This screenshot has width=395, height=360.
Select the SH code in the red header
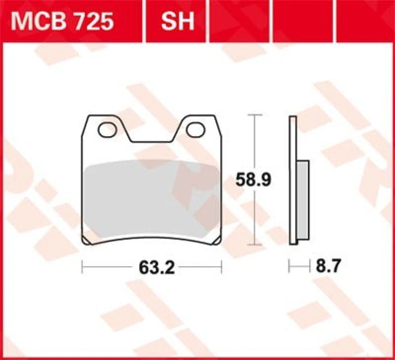177,22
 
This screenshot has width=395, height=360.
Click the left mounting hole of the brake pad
107,130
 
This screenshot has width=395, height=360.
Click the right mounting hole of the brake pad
196,130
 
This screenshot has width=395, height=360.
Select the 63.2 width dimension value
152,268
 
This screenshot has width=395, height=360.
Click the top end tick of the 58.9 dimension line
254,115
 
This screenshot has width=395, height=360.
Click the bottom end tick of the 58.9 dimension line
254,244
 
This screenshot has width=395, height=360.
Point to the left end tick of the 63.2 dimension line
82,268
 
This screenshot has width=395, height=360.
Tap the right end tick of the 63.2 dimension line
222,268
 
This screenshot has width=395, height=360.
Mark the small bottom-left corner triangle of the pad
87,241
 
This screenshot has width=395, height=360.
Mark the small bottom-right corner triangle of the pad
217,241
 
